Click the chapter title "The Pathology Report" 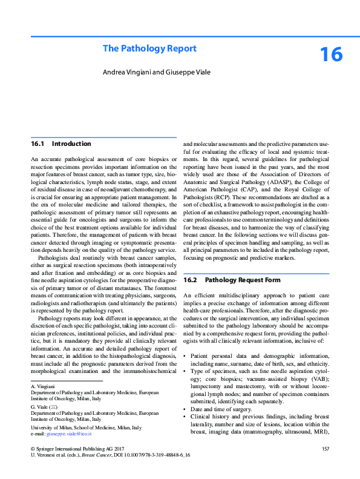tap(149, 48)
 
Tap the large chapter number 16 tap(331, 55)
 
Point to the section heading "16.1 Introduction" tap(61, 144)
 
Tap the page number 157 tap(326, 448)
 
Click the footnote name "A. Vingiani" tap(43, 386)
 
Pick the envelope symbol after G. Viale tap(56, 406)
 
